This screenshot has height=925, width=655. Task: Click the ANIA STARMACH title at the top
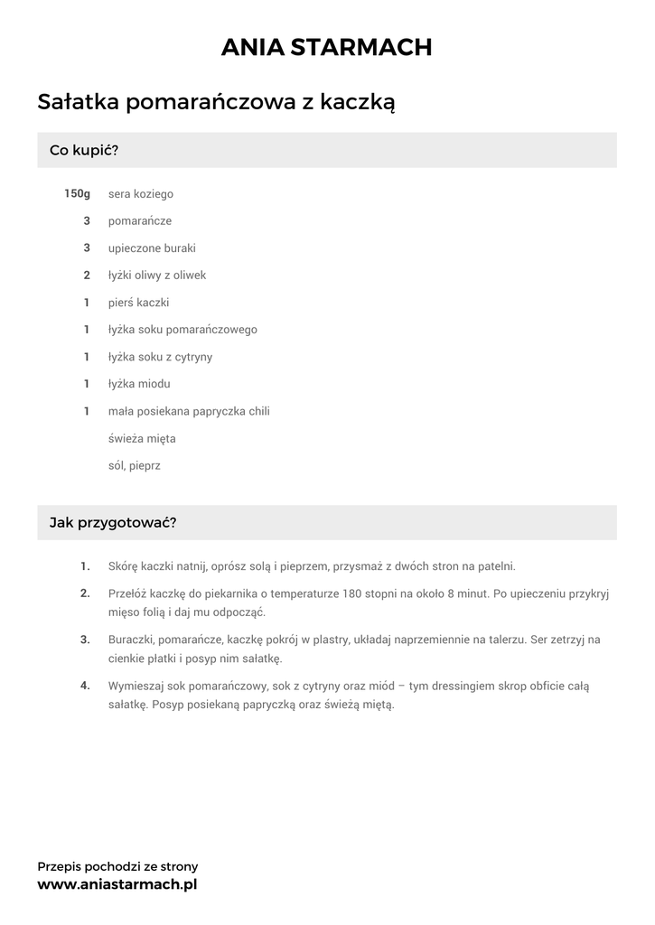[x=327, y=47]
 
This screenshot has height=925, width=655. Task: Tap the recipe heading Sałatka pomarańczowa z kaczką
[x=217, y=103]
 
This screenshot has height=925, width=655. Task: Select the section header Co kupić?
[x=84, y=150]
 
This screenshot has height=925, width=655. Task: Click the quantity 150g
[x=78, y=193]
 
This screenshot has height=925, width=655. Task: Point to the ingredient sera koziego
[x=141, y=193]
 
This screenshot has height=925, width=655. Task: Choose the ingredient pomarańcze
[x=140, y=220]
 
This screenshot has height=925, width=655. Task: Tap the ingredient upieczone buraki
[x=152, y=248]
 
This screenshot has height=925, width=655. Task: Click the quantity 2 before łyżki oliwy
[x=87, y=275]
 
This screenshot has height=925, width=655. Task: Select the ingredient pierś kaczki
[x=139, y=303]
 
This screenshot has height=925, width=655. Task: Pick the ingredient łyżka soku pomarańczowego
[x=182, y=330]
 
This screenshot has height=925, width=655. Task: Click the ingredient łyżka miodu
[x=139, y=384]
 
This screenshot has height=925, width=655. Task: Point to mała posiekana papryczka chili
[x=189, y=411]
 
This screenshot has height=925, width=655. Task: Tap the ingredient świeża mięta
[x=142, y=439]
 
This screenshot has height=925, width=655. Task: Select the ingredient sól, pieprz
[x=134, y=466]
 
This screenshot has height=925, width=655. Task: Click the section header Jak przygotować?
[x=113, y=522]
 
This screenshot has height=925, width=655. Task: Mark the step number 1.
[x=85, y=566]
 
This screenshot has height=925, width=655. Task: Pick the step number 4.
[x=85, y=686]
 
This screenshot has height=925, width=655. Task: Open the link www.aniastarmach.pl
[x=117, y=884]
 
